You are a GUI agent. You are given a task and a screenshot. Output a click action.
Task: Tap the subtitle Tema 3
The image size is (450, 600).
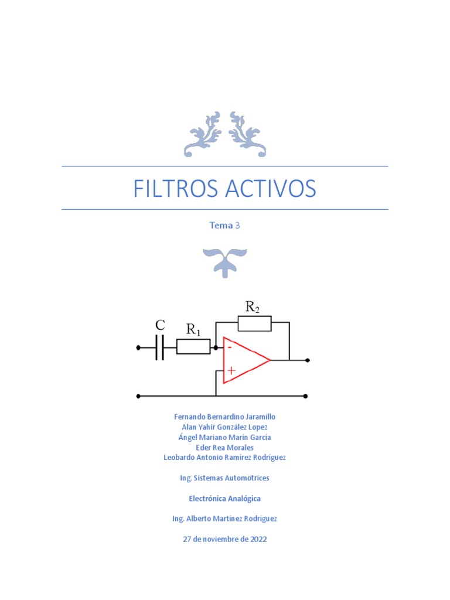pyautogui.click(x=224, y=226)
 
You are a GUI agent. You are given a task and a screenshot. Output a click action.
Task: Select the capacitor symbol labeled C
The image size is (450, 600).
pyautogui.click(x=159, y=348)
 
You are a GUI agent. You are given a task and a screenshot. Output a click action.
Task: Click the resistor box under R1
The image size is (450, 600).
pyautogui.click(x=193, y=347)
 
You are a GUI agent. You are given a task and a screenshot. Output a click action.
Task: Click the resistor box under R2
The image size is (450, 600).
pyautogui.click(x=254, y=323)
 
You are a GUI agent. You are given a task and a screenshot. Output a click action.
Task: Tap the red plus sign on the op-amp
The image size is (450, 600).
pyautogui.click(x=231, y=370)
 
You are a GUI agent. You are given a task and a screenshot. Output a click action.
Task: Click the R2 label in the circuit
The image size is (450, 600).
pyautogui.click(x=253, y=306)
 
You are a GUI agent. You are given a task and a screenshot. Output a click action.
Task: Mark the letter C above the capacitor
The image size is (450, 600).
pyautogui.click(x=160, y=325)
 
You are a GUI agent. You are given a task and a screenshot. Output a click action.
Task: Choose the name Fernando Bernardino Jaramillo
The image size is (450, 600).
pyautogui.click(x=224, y=417)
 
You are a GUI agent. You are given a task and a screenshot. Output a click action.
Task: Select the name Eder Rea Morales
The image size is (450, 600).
pyautogui.click(x=224, y=448)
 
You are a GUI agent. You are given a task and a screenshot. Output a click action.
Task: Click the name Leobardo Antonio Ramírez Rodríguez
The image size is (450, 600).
pyautogui.click(x=224, y=458)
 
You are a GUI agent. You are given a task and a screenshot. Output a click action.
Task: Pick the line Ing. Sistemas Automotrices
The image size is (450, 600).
pyautogui.click(x=224, y=478)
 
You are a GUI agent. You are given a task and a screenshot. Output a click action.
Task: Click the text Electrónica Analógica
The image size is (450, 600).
pyautogui.click(x=224, y=499)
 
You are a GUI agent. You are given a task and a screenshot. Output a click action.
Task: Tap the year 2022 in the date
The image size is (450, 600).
pyautogui.click(x=257, y=539)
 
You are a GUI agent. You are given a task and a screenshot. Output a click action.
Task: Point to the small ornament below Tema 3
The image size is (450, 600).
pyautogui.click(x=224, y=261)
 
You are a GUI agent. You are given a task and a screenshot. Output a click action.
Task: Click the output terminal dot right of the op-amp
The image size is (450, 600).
pyautogui.click(x=308, y=360)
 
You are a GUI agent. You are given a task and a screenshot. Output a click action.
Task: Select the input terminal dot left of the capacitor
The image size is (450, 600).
pyautogui.click(x=138, y=348)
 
